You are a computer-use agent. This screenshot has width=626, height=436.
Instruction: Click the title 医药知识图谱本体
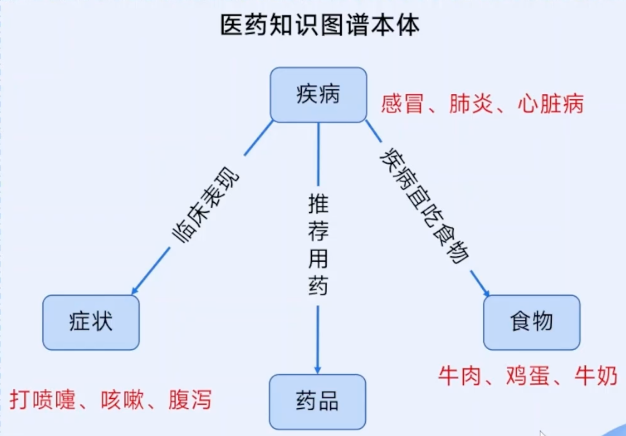319,26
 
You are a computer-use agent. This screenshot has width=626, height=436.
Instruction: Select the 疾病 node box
318,95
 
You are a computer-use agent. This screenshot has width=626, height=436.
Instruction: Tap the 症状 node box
91,322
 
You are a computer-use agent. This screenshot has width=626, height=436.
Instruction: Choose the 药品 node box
318,401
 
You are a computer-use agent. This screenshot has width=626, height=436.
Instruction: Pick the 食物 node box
532,322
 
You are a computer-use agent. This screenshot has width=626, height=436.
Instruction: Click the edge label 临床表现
205,207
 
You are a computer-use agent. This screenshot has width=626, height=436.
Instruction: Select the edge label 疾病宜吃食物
424,205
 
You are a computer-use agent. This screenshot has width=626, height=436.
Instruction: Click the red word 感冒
402,104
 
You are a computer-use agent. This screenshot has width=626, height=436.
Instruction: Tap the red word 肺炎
470,104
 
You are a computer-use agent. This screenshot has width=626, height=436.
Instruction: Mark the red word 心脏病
550,104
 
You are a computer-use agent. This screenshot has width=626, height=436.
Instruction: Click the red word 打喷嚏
43,400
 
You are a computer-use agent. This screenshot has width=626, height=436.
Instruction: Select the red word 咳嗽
122,400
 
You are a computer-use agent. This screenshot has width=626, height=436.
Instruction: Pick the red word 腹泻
190,400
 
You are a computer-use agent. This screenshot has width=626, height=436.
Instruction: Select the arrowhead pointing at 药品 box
318,369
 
